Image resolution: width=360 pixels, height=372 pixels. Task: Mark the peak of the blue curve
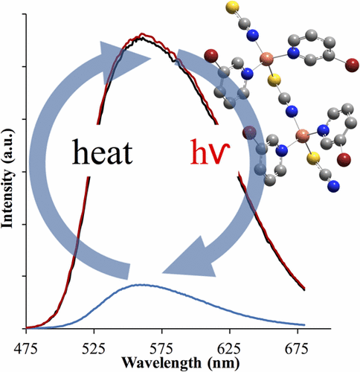(140, 285)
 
